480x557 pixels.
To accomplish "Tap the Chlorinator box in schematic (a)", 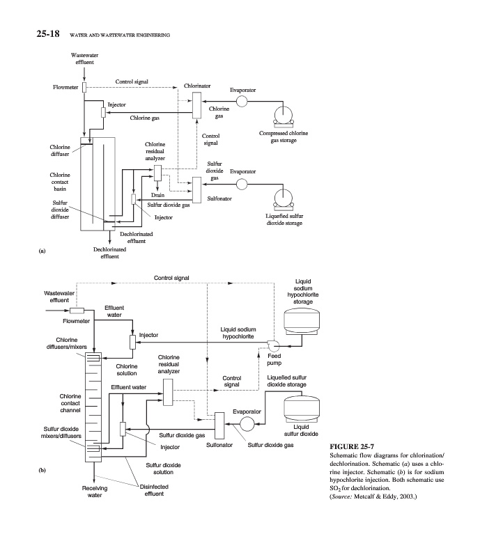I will [196, 104].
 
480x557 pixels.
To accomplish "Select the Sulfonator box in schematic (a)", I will [197, 187].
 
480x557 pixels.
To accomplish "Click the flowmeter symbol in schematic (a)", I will [84, 87].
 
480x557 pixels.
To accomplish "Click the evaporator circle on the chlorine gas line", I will [241, 101].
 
